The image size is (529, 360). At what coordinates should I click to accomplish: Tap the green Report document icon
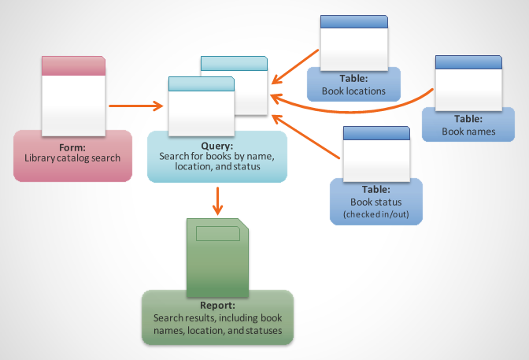[218, 256]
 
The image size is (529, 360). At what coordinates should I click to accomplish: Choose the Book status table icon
[376, 154]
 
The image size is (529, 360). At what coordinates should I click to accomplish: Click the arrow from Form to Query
[135, 105]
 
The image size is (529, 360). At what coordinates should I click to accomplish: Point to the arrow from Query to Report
[218, 202]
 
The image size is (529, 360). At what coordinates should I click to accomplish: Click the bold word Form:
[72, 147]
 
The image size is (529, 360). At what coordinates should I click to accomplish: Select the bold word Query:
[217, 146]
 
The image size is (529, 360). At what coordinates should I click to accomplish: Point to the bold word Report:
[217, 305]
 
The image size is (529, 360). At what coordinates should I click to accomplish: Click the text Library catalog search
[72, 158]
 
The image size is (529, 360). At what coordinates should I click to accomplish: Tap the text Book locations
[353, 91]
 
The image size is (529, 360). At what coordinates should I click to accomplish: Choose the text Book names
[468, 132]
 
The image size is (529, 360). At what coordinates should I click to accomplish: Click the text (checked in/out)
[375, 214]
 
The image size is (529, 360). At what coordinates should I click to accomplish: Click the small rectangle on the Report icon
[218, 233]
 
